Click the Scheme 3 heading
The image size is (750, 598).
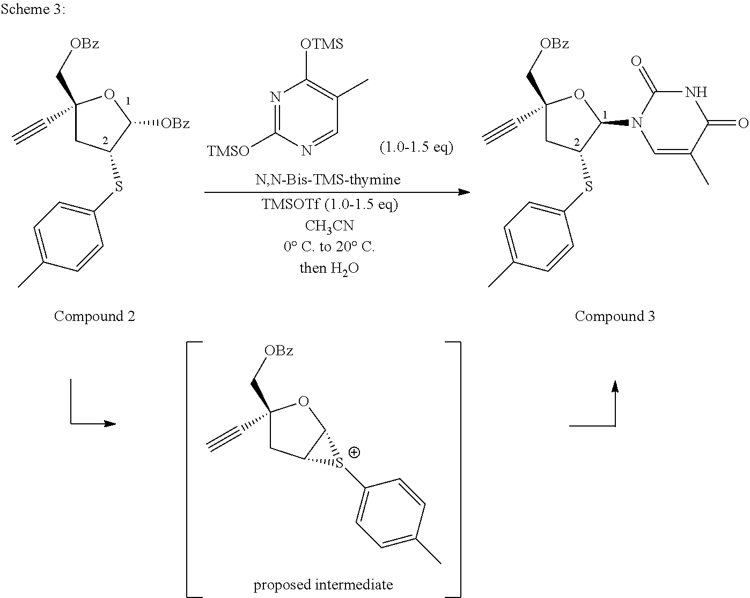tap(33, 10)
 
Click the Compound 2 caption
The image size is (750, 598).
tap(94, 316)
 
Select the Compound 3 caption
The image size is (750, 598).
tap(615, 316)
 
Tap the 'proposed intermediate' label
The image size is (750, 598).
tap(323, 584)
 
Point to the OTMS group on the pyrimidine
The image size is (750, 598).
tap(322, 44)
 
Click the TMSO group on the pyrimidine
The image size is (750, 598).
tap(228, 152)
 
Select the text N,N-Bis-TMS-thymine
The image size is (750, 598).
tap(328, 180)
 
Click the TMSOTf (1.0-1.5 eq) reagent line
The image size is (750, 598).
tap(329, 204)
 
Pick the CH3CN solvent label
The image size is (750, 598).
tap(329, 226)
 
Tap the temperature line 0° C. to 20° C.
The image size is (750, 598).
tap(329, 246)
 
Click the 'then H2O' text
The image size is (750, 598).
tap(329, 268)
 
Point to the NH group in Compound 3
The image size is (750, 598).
tap(695, 92)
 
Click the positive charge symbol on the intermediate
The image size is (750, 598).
tap(354, 452)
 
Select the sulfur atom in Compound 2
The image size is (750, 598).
tap(119, 186)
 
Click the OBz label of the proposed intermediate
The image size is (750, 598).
tap(278, 351)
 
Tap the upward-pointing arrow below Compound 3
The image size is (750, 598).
tap(615, 402)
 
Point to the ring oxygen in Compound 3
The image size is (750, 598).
tap(578, 95)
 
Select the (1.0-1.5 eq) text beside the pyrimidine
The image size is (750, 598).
tap(416, 147)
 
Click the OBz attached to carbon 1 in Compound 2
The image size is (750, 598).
tap(175, 124)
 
